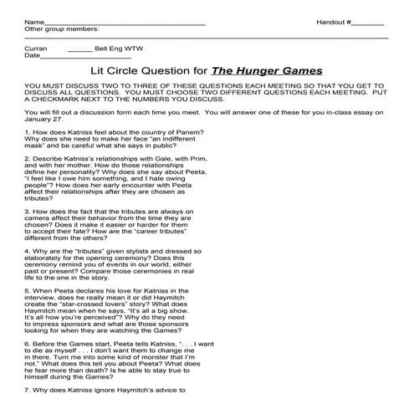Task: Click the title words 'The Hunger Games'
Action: tap(268, 71)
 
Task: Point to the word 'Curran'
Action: tap(37, 49)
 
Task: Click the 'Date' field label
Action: tap(33, 56)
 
